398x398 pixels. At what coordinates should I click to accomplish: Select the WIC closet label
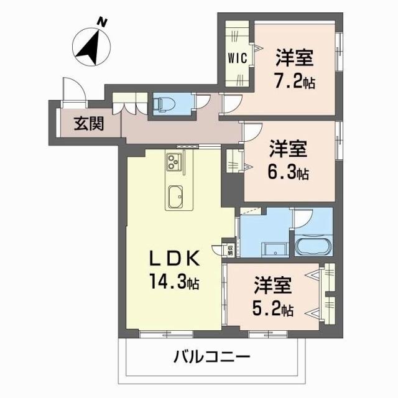click(x=238, y=58)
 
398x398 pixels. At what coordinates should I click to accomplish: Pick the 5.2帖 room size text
click(x=273, y=308)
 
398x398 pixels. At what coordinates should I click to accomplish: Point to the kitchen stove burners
click(x=173, y=163)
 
